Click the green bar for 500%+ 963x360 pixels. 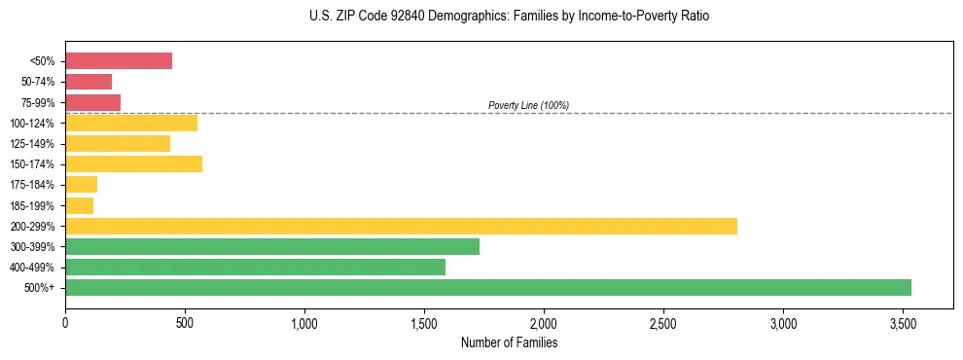click(487, 287)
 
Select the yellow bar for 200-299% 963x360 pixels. click(401, 226)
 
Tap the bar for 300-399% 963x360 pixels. click(272, 246)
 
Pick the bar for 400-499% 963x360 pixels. click(255, 267)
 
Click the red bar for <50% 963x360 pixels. click(119, 61)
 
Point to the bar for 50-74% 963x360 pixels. click(89, 82)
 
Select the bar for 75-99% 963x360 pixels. click(92, 102)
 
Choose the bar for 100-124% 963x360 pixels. click(131, 123)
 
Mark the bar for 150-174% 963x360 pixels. click(133, 163)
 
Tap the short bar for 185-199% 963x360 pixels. click(79, 205)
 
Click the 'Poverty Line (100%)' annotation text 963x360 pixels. click(528, 105)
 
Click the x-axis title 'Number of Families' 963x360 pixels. click(509, 342)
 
